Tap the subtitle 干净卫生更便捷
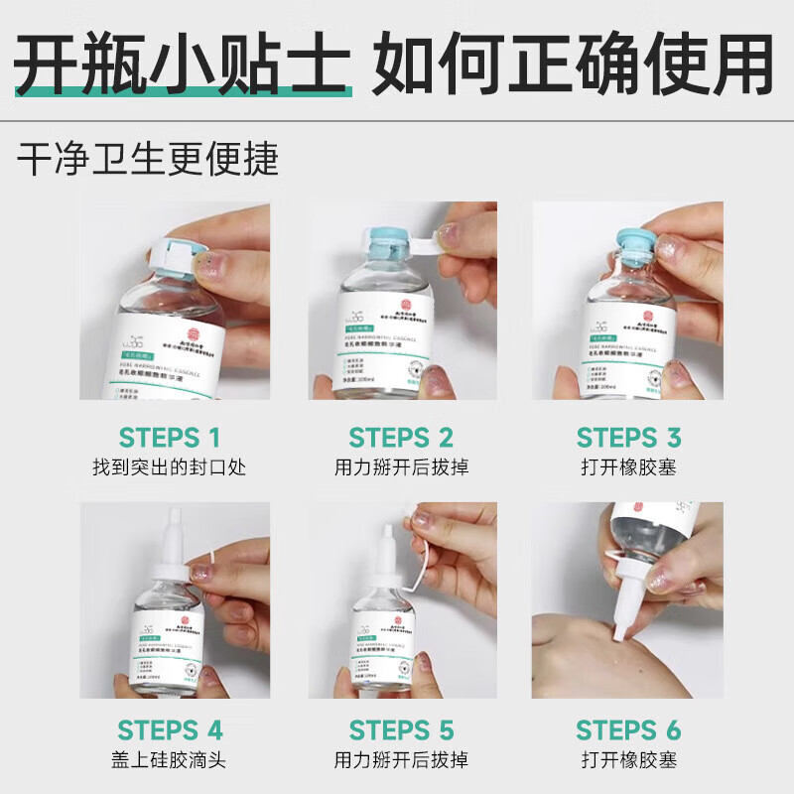(148, 159)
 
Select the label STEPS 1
(170, 438)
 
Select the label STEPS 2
(401, 438)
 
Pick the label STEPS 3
(628, 438)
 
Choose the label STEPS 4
(170, 731)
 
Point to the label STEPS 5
(401, 731)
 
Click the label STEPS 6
(628, 731)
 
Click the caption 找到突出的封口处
(170, 466)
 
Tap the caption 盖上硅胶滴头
(170, 760)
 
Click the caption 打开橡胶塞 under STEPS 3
(628, 466)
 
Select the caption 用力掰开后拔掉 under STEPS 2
(401, 466)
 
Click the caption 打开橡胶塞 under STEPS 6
(628, 760)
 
